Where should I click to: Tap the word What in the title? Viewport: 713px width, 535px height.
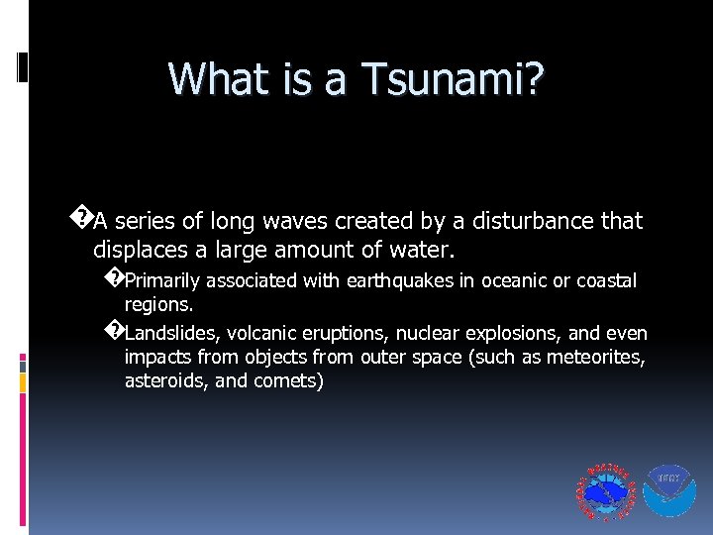click(x=217, y=78)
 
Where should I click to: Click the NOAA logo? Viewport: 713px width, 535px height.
click(x=669, y=491)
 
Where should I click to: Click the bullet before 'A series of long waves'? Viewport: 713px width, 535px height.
click(x=84, y=217)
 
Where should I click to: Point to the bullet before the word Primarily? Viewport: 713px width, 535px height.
click(x=113, y=277)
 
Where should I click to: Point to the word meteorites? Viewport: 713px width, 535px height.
click(x=597, y=357)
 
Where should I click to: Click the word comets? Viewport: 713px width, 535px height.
click(x=287, y=380)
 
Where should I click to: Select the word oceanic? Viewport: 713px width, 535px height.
click(x=511, y=281)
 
